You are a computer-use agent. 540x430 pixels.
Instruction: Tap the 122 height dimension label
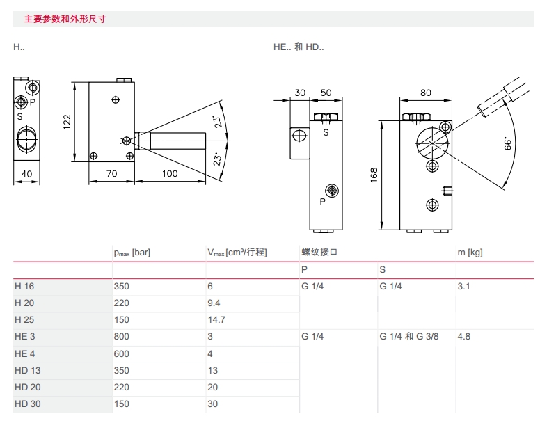click(67, 122)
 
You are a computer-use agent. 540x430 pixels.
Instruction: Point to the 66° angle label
click(508, 144)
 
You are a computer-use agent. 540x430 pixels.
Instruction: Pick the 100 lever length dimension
click(170, 173)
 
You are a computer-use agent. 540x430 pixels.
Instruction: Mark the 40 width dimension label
click(27, 173)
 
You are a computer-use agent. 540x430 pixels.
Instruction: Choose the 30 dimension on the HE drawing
click(300, 93)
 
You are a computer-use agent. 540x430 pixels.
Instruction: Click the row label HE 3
click(25, 337)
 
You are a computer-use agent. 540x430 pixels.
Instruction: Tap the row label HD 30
click(27, 404)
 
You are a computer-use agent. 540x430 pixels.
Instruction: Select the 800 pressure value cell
click(121, 337)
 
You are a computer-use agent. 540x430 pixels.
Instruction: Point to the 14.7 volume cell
click(216, 319)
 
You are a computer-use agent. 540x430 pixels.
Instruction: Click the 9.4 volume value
click(214, 303)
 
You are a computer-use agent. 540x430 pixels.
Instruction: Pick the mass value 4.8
click(464, 337)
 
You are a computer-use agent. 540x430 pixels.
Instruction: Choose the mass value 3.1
click(463, 286)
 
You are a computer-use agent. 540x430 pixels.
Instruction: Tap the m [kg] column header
click(470, 252)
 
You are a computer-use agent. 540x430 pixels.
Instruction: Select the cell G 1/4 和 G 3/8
click(412, 337)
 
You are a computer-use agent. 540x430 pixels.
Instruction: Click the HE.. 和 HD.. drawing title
click(299, 47)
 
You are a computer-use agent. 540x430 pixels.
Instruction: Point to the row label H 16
click(24, 286)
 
